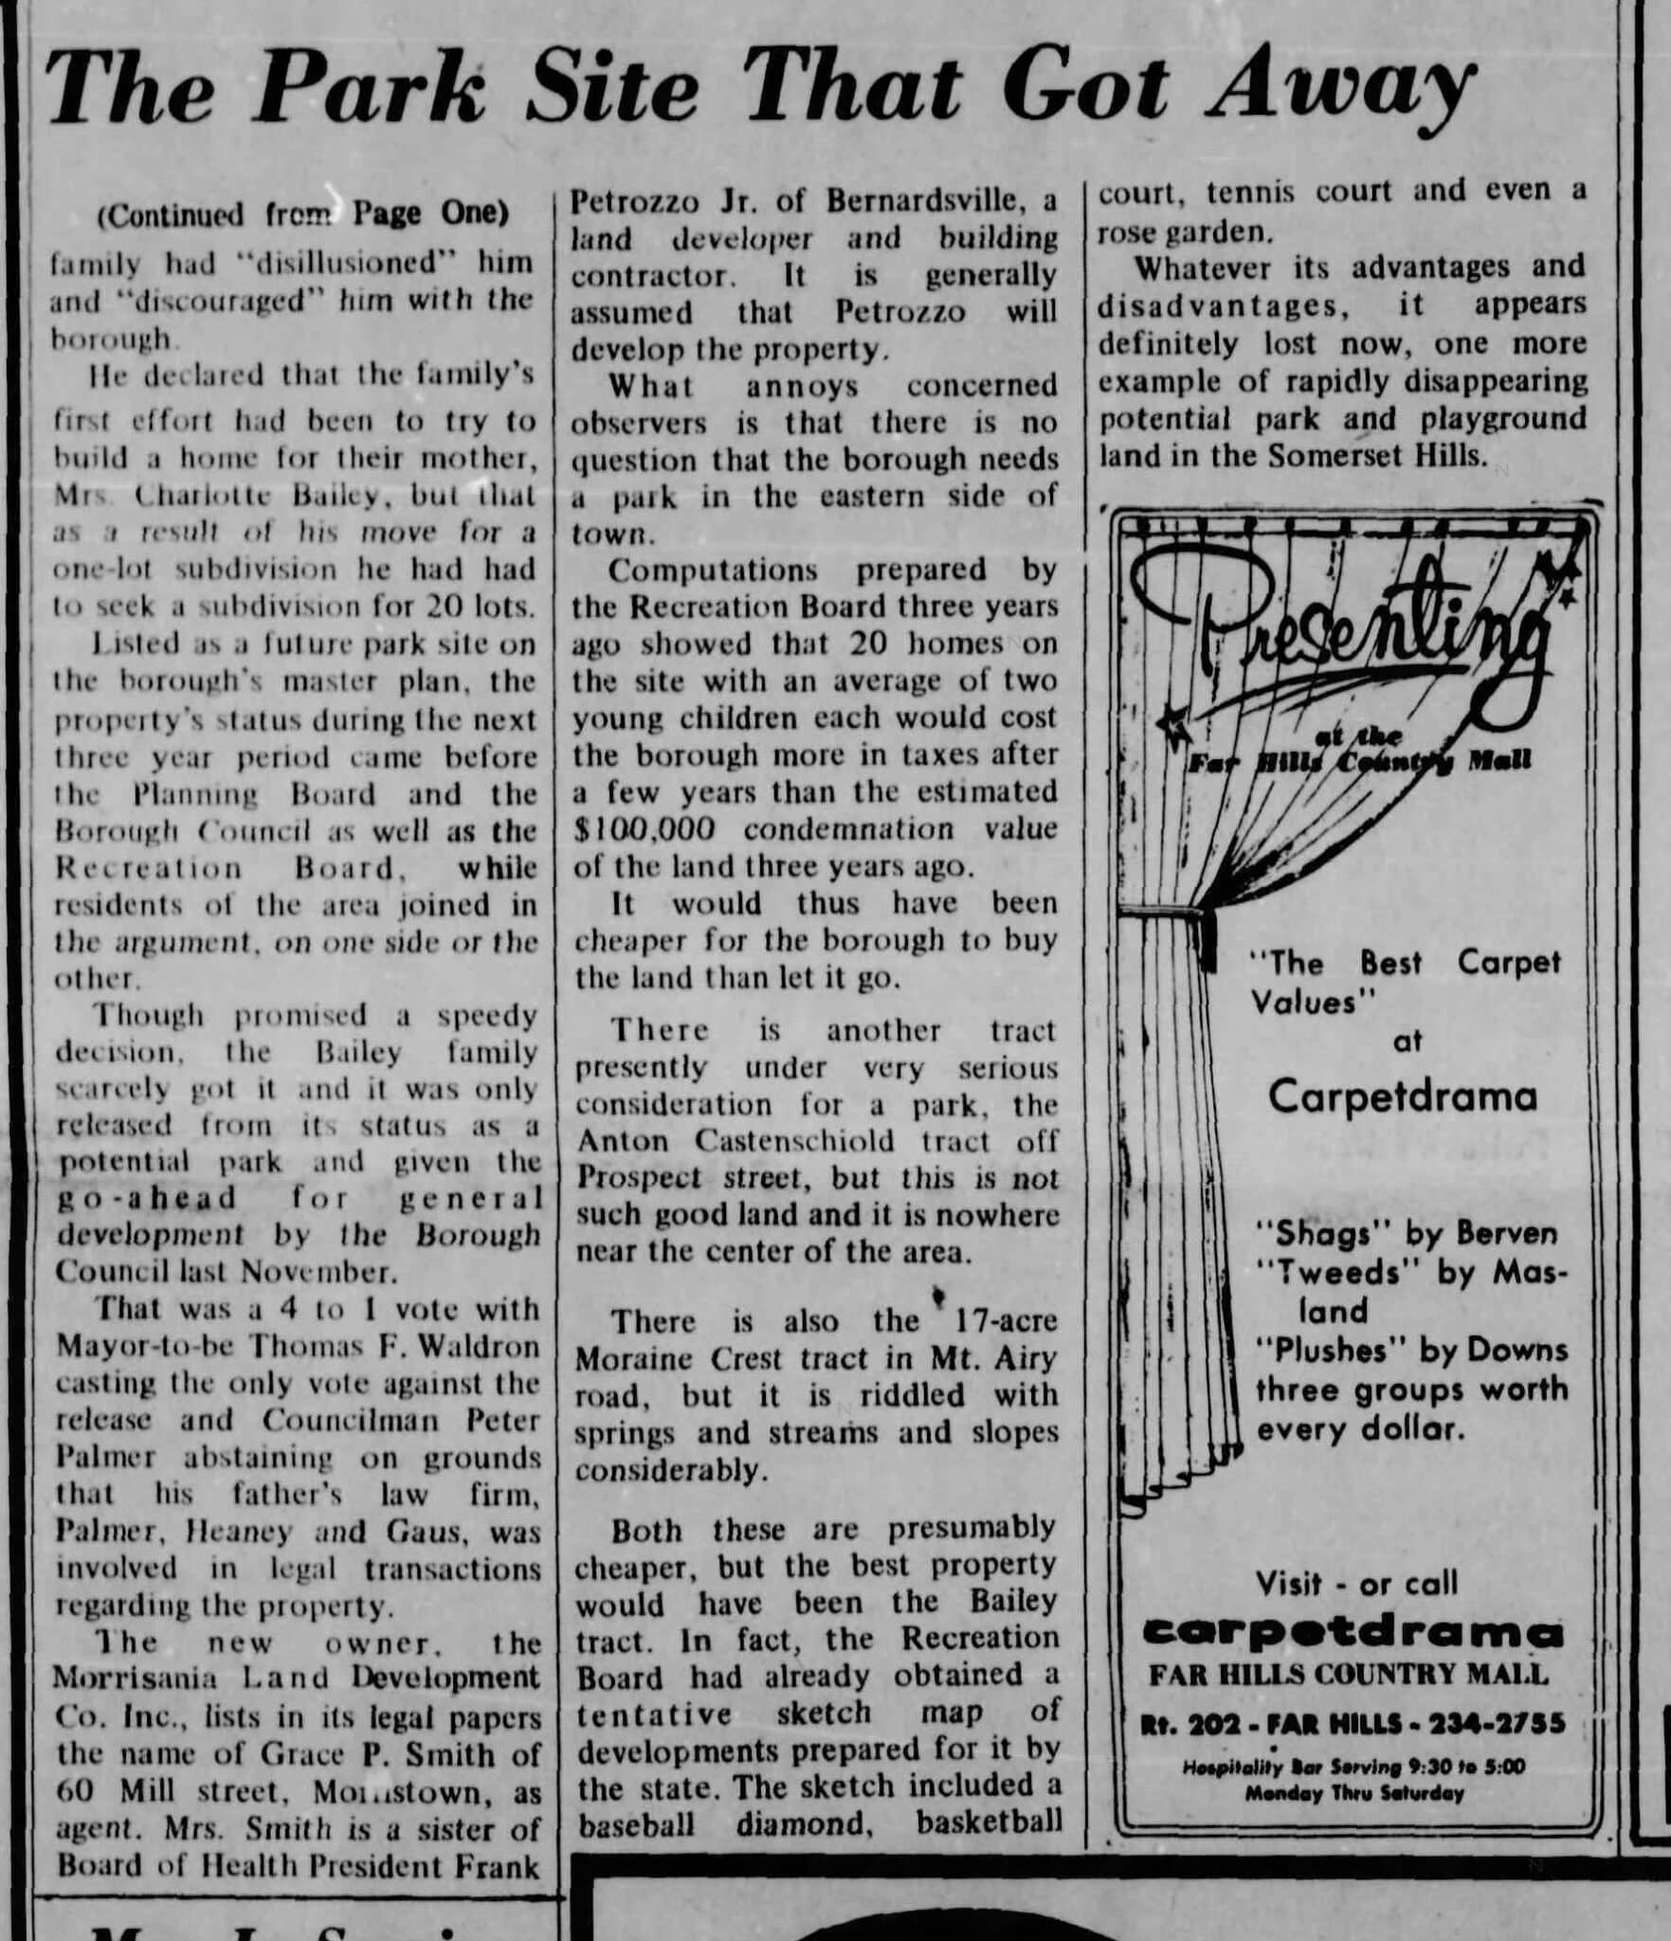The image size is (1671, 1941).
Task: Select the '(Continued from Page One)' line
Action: pyautogui.click(x=302, y=214)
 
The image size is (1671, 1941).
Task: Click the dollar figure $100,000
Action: pyautogui.click(x=645, y=828)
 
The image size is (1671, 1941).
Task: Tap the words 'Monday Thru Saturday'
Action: pyautogui.click(x=1354, y=1793)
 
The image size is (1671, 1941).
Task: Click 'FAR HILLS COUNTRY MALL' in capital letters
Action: pyautogui.click(x=1349, y=1675)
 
